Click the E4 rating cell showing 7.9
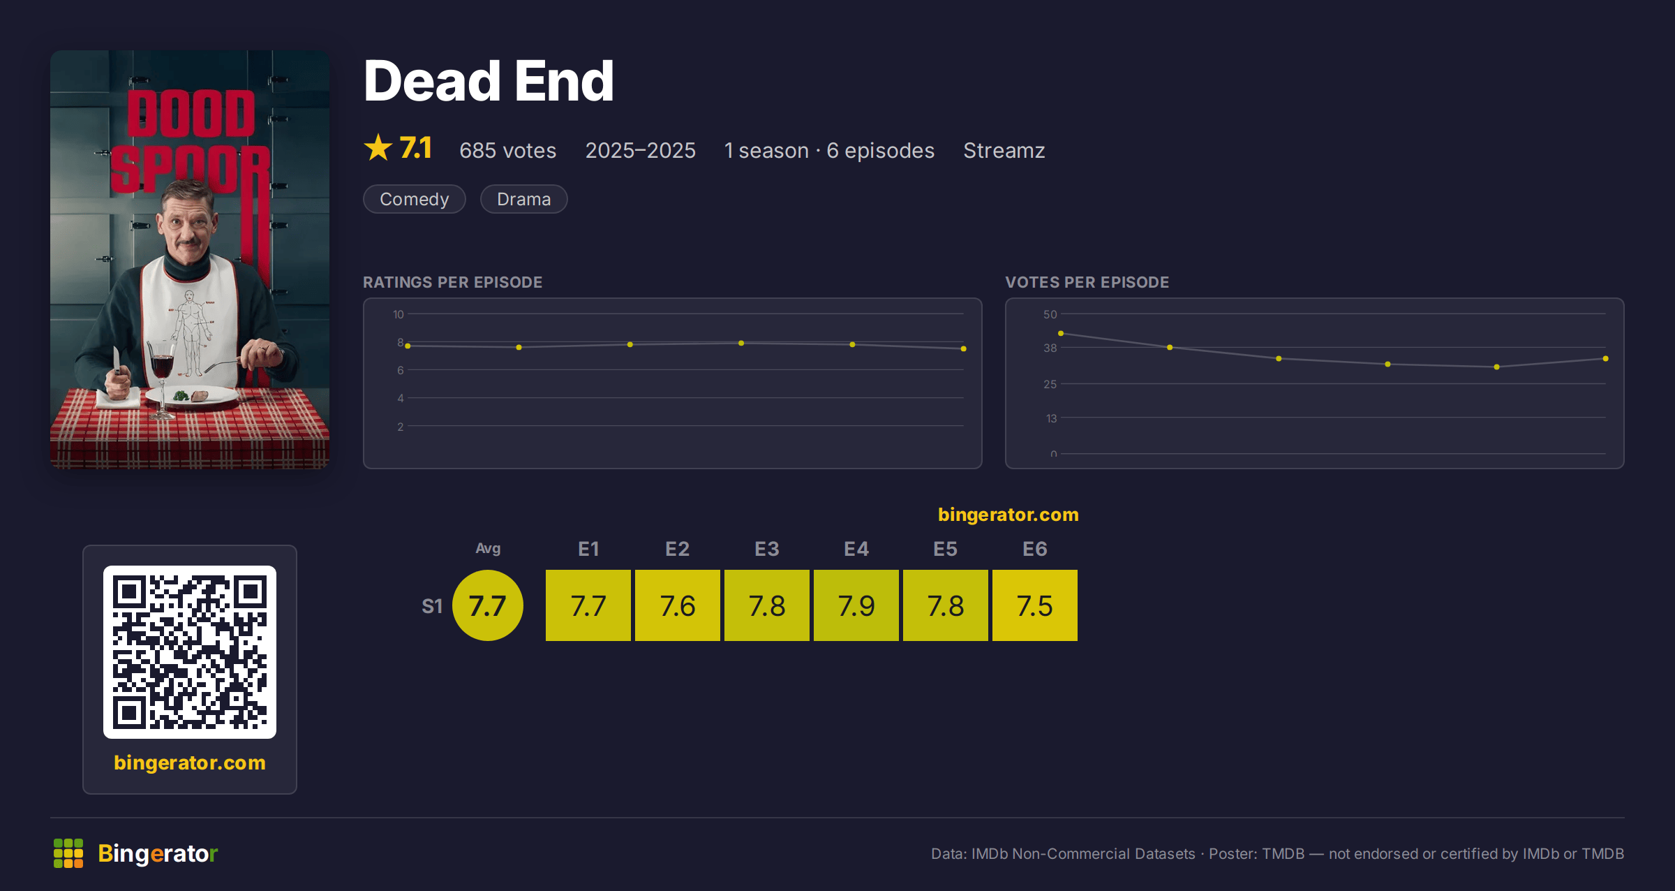point(856,605)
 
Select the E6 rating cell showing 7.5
point(1035,605)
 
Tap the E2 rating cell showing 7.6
point(678,605)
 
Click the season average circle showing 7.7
point(488,605)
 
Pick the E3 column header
point(767,549)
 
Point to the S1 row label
point(432,606)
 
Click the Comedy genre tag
point(415,199)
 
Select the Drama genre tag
point(524,199)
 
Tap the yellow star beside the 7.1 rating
point(378,147)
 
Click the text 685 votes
point(508,150)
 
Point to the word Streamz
point(1004,150)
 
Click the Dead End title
point(489,81)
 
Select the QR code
point(190,652)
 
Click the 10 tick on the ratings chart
point(399,314)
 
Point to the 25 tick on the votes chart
point(1050,384)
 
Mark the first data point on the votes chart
point(1061,334)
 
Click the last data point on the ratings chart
point(964,348)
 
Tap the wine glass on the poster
point(162,377)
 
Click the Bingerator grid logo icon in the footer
point(68,853)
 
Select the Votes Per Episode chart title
point(1087,282)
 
